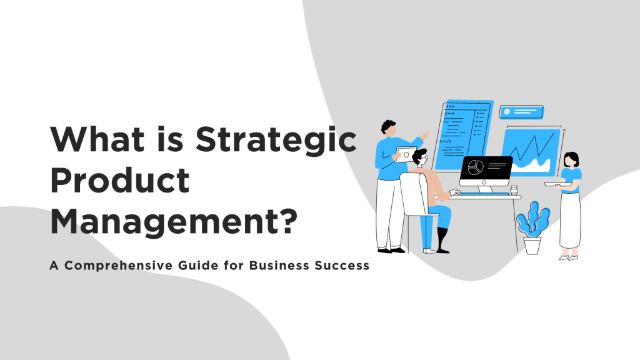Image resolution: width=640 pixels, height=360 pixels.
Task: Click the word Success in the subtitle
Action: tap(342, 265)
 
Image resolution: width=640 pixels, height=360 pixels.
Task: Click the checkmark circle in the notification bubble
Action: tap(507, 112)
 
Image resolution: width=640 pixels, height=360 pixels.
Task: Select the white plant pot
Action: tap(532, 245)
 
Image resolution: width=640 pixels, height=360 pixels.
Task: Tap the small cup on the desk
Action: tap(514, 190)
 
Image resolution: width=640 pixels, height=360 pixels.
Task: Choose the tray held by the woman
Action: tap(557, 184)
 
